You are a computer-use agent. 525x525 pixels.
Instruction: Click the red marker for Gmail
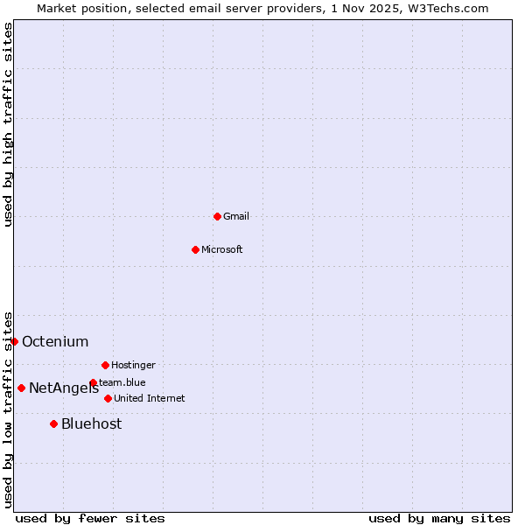tap(217, 216)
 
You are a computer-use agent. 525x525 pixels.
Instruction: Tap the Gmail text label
tap(236, 216)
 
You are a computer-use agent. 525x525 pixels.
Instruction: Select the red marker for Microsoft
tap(195, 249)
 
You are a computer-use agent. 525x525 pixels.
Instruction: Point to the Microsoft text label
tap(222, 249)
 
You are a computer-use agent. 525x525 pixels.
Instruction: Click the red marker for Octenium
tap(14, 341)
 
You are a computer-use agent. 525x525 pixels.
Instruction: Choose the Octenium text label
tap(55, 342)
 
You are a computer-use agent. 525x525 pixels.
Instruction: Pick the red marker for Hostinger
tap(105, 365)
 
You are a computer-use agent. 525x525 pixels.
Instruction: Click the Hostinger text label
tap(133, 365)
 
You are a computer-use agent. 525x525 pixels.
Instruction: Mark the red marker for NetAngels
tap(21, 388)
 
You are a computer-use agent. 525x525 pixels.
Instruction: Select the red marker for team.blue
tap(93, 382)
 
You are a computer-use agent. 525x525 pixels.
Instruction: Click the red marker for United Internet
tap(108, 398)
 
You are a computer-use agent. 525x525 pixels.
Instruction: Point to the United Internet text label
tap(150, 398)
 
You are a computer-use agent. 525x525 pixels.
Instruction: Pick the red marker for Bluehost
tap(53, 423)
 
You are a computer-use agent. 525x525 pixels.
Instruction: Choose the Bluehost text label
tap(92, 424)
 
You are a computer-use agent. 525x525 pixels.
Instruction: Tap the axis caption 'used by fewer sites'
tap(90, 518)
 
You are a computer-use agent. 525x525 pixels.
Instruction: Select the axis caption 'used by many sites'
tap(439, 518)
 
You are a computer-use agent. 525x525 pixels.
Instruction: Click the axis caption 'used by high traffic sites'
tap(8, 124)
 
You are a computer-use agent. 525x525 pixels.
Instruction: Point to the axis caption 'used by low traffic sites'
tap(8, 409)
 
